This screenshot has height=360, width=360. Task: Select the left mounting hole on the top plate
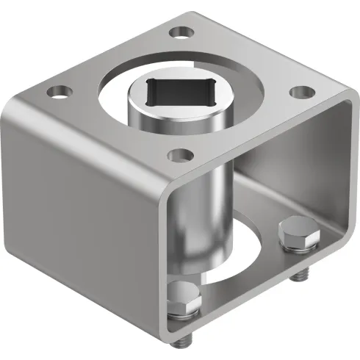(57, 93)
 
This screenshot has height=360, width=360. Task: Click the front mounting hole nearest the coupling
(176, 154)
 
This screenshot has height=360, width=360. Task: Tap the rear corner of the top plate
(192, 12)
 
